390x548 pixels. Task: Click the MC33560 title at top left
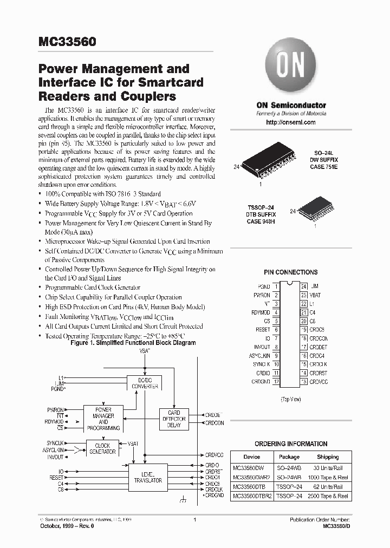tap(63, 41)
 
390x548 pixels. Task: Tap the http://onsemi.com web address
tap(291, 123)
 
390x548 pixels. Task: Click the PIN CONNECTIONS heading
tap(290, 272)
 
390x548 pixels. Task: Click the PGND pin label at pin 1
tap(264, 286)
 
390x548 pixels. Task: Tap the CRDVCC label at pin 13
tap(318, 382)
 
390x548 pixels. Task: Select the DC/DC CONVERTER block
tap(144, 383)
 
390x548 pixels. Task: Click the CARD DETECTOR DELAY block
tap(174, 419)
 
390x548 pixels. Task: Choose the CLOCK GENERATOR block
tap(102, 449)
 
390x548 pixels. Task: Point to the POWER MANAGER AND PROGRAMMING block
tap(103, 418)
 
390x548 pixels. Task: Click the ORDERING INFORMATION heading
tap(291, 443)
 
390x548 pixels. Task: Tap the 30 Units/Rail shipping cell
tap(327, 467)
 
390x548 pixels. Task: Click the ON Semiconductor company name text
tap(291, 105)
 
